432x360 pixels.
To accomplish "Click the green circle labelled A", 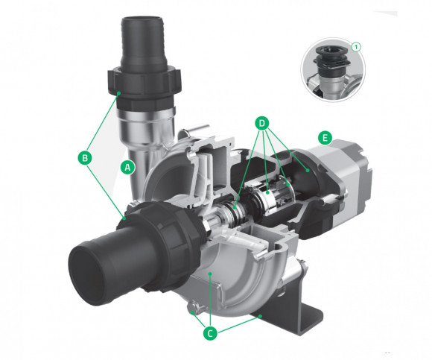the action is (127, 167).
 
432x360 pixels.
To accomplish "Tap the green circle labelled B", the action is (85, 158).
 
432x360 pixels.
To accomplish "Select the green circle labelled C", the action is (210, 334).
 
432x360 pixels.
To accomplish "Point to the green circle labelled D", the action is (261, 123).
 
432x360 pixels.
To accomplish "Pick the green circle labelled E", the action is (325, 138).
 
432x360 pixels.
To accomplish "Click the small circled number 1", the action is (356, 47).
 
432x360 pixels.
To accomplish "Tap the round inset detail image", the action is (333, 70).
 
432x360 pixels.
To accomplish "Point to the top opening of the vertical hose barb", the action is (143, 21).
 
